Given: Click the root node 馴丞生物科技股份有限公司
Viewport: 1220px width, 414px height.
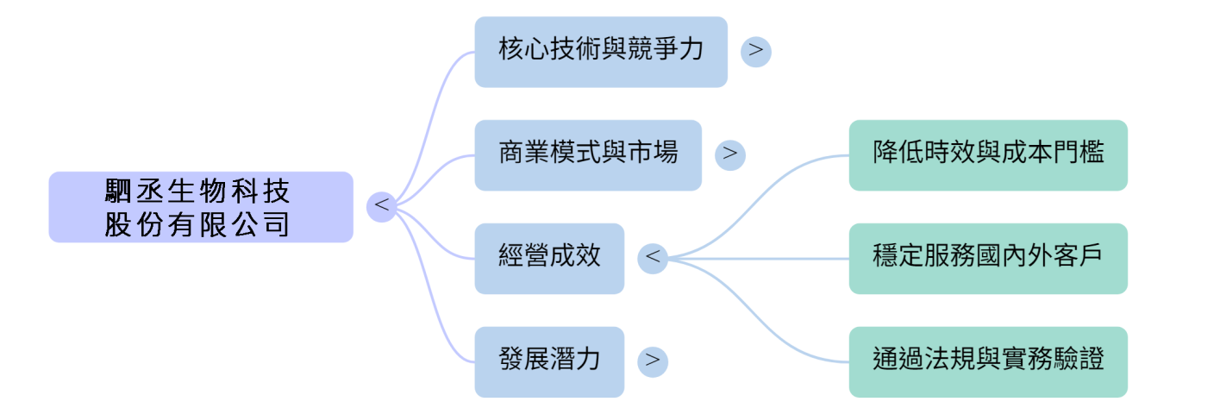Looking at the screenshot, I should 200,207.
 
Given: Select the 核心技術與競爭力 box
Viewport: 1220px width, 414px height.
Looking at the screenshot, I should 600,51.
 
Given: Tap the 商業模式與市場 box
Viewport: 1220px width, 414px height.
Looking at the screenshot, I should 588,154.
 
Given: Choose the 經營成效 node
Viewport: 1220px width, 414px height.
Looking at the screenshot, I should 548,258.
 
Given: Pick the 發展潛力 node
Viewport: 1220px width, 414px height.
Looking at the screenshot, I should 548,361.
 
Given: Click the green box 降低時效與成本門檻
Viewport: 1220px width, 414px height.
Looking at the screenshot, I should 987,154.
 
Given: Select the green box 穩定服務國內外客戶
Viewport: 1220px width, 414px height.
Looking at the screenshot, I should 987,258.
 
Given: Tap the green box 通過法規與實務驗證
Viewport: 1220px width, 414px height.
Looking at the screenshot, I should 987,361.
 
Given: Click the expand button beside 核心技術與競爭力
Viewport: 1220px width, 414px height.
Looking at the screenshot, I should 756,51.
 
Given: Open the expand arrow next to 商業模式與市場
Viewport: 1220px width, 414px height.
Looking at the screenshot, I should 730,154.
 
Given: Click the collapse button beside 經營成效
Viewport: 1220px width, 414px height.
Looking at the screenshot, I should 653,258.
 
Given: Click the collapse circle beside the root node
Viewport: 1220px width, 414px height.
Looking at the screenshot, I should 381,207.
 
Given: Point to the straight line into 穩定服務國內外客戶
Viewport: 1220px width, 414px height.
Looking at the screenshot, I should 776,258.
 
